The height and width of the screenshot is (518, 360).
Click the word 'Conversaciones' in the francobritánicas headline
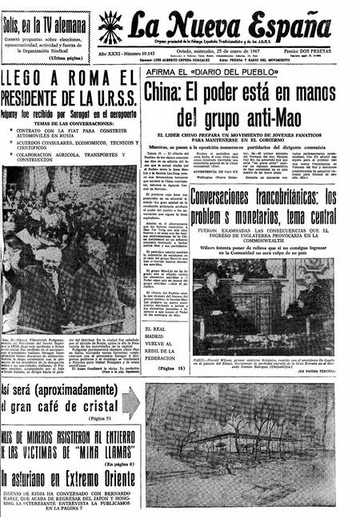point(230,195)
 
